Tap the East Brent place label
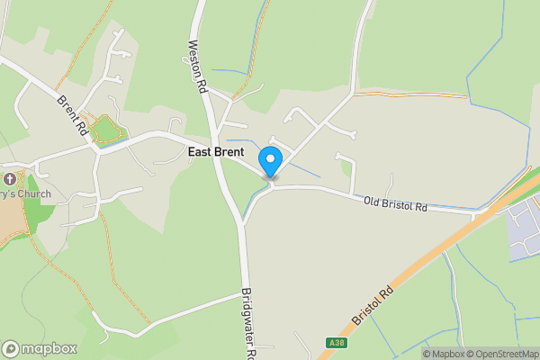(x=216, y=152)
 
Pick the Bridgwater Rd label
(x=248, y=325)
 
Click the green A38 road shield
(x=336, y=343)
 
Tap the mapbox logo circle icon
(x=12, y=348)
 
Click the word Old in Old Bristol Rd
(x=373, y=201)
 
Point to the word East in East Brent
(x=201, y=152)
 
